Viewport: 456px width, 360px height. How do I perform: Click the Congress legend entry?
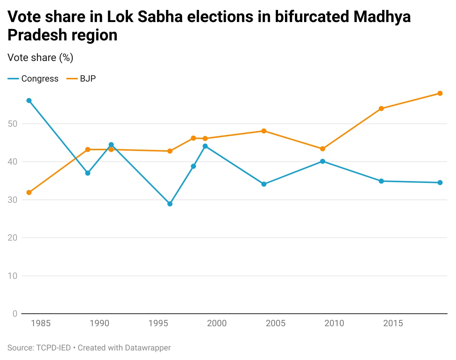click(33, 79)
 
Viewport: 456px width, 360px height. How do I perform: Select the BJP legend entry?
click(81, 79)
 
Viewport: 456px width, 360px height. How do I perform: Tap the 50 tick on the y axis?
click(13, 124)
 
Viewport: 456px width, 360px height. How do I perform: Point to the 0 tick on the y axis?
click(15, 313)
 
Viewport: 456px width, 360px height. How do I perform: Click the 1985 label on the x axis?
click(41, 323)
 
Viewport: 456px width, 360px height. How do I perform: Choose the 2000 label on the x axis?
click(217, 323)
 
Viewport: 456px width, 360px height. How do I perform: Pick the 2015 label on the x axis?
click(393, 323)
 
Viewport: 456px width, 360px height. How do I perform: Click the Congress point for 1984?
click(29, 101)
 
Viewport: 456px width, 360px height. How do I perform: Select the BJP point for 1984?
click(29, 192)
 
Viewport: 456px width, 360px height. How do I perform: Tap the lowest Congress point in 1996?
click(170, 204)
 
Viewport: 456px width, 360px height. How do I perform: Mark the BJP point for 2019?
click(440, 93)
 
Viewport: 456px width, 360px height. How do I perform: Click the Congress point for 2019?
click(440, 183)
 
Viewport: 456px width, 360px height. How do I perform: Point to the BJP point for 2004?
click(264, 131)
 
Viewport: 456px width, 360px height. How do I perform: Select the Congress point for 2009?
click(323, 161)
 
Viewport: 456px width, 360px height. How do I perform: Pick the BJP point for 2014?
click(381, 109)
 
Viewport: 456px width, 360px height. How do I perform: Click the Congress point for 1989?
click(88, 173)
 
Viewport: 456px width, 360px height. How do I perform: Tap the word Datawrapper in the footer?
click(148, 348)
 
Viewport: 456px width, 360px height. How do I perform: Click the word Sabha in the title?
click(160, 17)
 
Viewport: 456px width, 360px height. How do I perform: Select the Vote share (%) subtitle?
click(40, 58)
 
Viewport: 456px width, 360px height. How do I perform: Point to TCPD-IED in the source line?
click(53, 348)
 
